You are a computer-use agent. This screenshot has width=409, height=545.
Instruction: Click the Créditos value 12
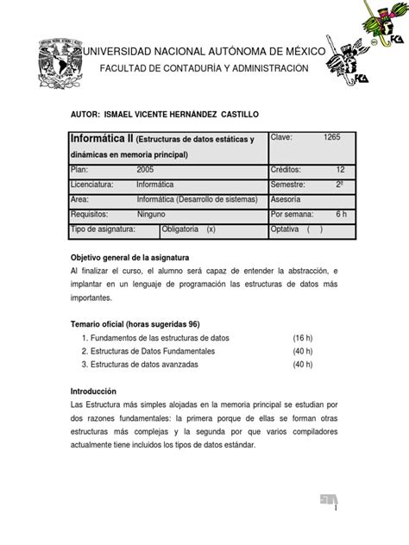(339, 169)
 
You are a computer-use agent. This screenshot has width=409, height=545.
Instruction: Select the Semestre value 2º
(339, 184)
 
